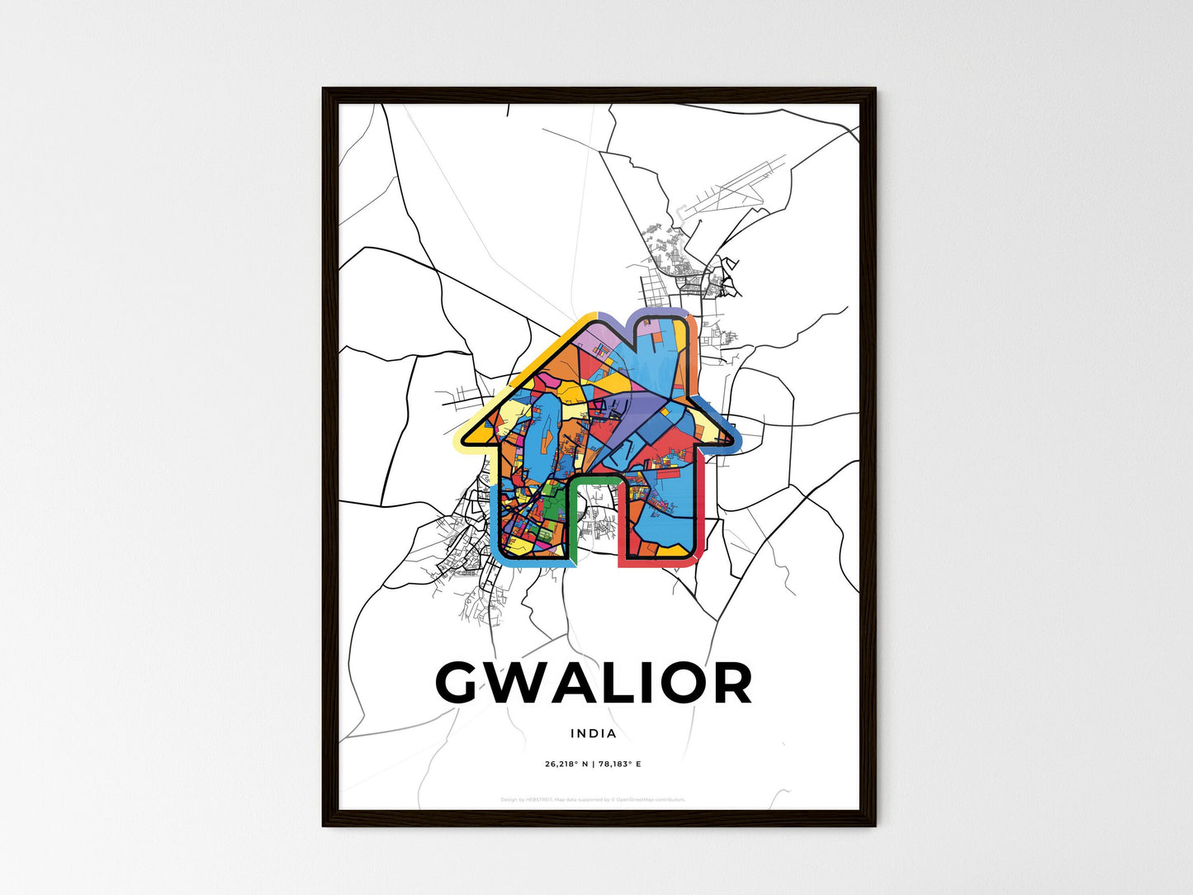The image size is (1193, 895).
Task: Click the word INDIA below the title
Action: [593, 733]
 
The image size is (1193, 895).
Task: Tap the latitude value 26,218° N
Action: [566, 764]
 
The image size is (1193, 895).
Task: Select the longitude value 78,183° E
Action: [619, 764]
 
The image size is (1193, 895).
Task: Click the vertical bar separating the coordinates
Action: [593, 764]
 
